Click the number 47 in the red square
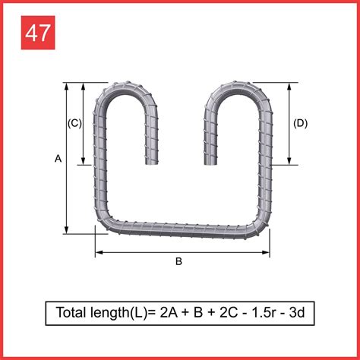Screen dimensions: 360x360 click(37, 33)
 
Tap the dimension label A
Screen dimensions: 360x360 click(58, 158)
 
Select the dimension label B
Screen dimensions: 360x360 click(179, 262)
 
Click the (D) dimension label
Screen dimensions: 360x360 click(300, 123)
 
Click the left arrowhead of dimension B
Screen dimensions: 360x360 click(98, 252)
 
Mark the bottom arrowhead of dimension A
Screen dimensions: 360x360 click(68, 231)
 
